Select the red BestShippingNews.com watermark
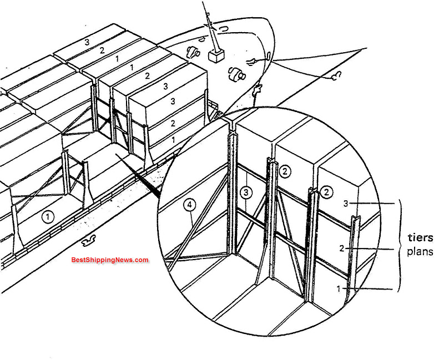[110, 260]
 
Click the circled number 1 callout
[48, 217]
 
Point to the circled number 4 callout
[190, 205]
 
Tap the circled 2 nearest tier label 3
[327, 192]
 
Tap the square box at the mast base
[215, 56]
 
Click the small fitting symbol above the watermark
[88, 242]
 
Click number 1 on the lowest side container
[173, 140]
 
